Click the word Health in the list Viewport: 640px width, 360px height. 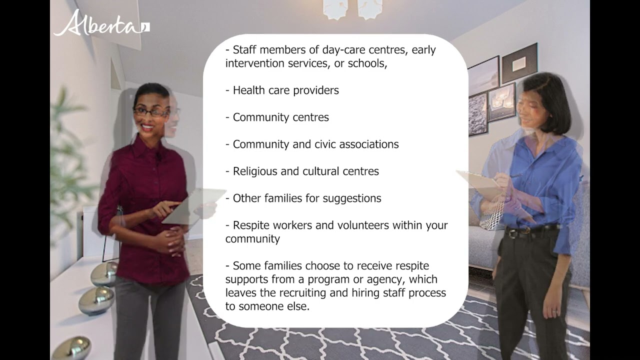249,90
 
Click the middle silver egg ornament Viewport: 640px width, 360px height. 96,300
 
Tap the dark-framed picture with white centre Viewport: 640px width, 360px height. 519,63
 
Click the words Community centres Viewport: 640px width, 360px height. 280,117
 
